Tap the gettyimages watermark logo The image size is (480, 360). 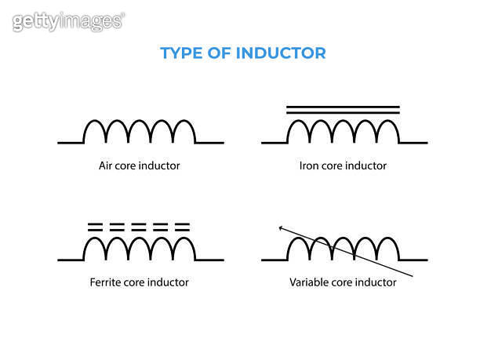(x=67, y=21)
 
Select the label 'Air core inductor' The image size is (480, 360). (x=140, y=165)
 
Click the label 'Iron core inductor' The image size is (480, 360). (x=343, y=165)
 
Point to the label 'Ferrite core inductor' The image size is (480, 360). (x=140, y=282)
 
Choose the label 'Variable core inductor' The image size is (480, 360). (x=343, y=282)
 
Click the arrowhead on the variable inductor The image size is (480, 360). (x=281, y=227)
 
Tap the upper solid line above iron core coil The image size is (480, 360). (x=343, y=106)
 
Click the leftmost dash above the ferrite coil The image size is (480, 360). (x=95, y=227)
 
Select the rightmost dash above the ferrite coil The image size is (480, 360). (x=182, y=227)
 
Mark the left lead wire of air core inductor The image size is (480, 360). (x=71, y=143)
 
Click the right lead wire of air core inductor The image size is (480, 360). (x=209, y=143)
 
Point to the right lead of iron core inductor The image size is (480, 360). (x=413, y=143)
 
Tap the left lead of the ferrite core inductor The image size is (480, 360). (x=71, y=260)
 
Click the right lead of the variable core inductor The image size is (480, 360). (x=413, y=260)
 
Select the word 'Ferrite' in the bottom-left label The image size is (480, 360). (x=104, y=282)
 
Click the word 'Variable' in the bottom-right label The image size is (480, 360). (x=308, y=282)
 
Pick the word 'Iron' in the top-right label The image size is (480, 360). (x=308, y=165)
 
